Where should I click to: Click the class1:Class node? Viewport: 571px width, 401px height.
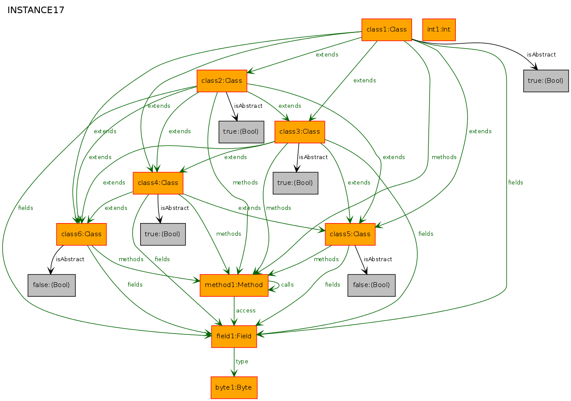point(387,30)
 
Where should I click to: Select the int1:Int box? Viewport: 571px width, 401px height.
point(439,30)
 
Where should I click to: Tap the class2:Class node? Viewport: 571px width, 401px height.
point(222,81)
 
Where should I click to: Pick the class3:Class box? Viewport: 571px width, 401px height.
point(300,132)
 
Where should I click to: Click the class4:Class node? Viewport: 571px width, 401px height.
point(158,183)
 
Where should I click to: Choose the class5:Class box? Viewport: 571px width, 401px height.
point(350,234)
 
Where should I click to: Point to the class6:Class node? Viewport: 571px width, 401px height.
point(81,234)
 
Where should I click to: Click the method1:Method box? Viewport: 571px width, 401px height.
point(234,285)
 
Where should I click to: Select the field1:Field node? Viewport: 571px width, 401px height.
point(234,337)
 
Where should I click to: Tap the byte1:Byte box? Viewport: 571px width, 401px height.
point(234,388)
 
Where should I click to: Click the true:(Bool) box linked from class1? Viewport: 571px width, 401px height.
point(546,81)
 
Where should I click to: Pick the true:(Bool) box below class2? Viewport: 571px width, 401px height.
point(241,132)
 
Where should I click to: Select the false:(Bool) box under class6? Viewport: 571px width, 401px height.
point(51,285)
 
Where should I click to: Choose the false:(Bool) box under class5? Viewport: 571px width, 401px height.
point(371,285)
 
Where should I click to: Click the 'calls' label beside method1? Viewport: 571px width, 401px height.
point(287,285)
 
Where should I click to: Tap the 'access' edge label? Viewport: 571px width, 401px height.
point(246,311)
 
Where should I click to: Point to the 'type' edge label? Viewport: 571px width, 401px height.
point(242,362)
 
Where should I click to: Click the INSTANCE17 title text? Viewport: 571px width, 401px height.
point(36,11)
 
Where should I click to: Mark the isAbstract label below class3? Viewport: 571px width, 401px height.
point(313,157)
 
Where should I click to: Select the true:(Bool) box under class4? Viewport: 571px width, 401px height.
point(163,234)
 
